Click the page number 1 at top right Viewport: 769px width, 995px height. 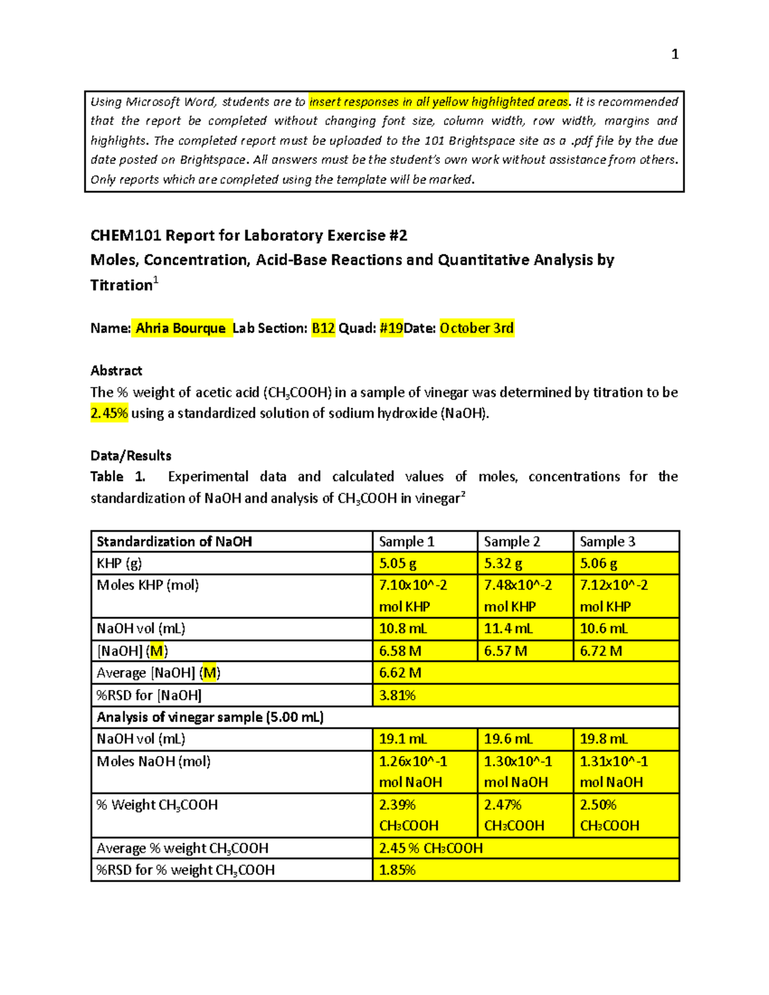674,54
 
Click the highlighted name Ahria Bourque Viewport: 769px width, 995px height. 181,328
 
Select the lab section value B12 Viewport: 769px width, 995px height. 323,328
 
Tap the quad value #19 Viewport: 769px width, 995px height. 391,328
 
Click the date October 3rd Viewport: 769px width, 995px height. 476,328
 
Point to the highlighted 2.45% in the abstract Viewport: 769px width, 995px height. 109,413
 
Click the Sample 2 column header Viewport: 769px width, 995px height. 511,541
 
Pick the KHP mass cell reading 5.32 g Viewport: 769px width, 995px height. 503,563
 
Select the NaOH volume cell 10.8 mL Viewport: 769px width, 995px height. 402,629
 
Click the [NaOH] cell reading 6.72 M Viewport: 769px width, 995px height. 600,651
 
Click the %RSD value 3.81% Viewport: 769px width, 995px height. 397,695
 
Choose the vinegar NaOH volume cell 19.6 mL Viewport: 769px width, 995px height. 508,739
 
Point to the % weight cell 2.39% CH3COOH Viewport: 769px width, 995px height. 408,815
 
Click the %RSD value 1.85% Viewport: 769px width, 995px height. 397,870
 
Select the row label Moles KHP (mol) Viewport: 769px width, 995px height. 147,585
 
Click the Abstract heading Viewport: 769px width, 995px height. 116,370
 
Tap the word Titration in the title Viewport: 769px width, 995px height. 121,285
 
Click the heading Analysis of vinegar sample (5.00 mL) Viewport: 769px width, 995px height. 210,717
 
